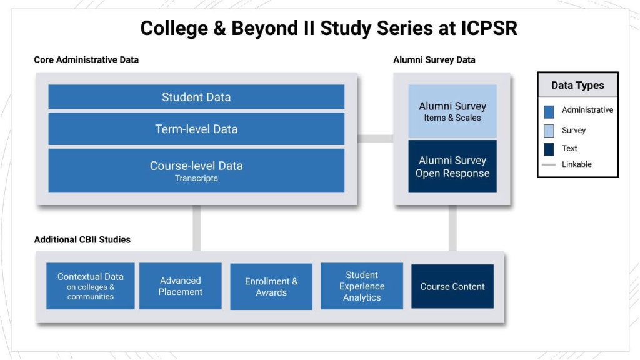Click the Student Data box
pos(196,97)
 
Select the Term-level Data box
pos(196,129)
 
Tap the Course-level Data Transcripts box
pos(196,171)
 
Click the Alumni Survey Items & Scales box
pos(452,111)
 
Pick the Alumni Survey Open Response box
pos(452,167)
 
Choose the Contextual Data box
pos(91,286)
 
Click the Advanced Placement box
pos(180,286)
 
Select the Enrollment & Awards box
pos(271,286)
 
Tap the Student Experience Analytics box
pos(362,286)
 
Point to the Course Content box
pos(452,286)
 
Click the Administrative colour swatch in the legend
pos(549,111)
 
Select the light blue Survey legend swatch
pos(549,131)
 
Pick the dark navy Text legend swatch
pos(549,149)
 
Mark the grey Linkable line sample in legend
pos(549,164)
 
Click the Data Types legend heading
pos(577,86)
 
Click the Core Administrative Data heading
pos(86,60)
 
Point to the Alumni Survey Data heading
pos(434,60)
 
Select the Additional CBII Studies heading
pos(82,239)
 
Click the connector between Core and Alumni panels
pos(375,138)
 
